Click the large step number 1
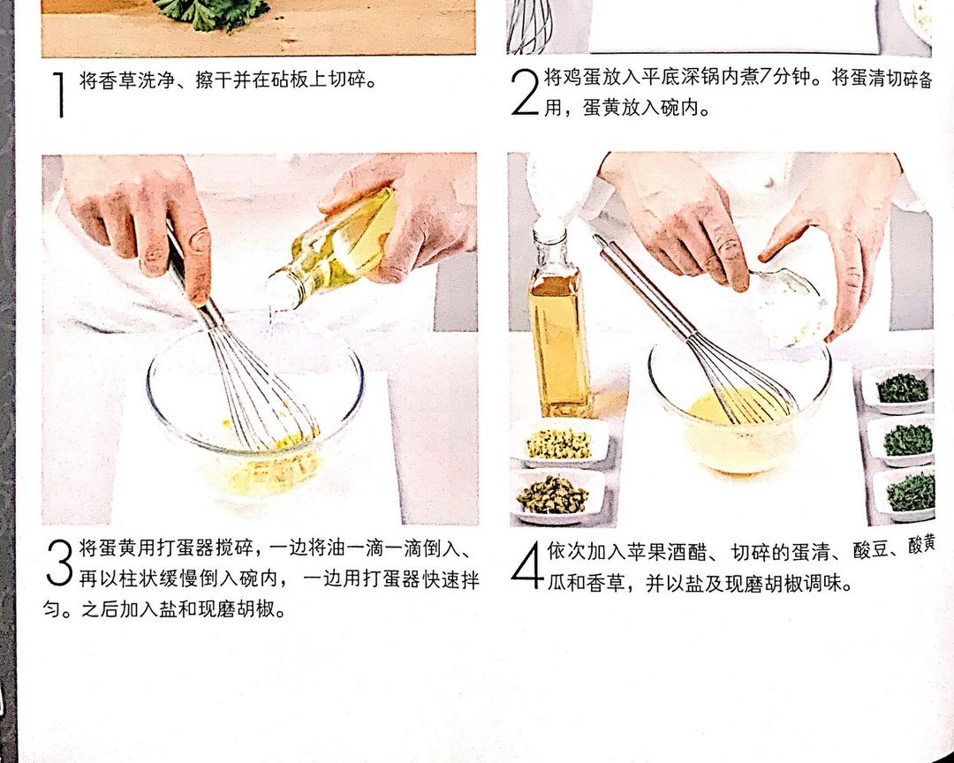tap(58, 94)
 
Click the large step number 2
tap(525, 92)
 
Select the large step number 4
tap(526, 564)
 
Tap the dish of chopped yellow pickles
tap(559, 442)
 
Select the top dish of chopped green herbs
tap(899, 389)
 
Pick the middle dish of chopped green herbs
tap(903, 440)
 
